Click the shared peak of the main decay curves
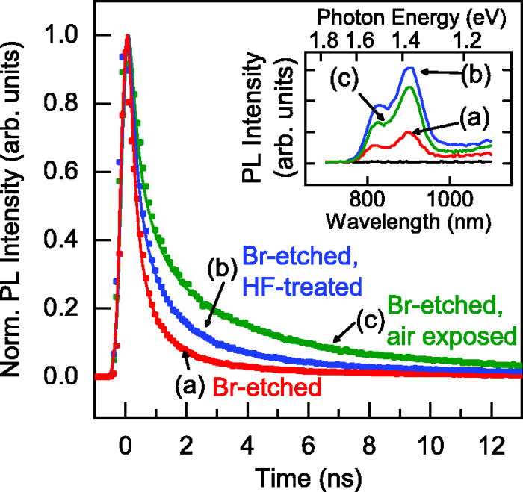[x=127, y=36]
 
